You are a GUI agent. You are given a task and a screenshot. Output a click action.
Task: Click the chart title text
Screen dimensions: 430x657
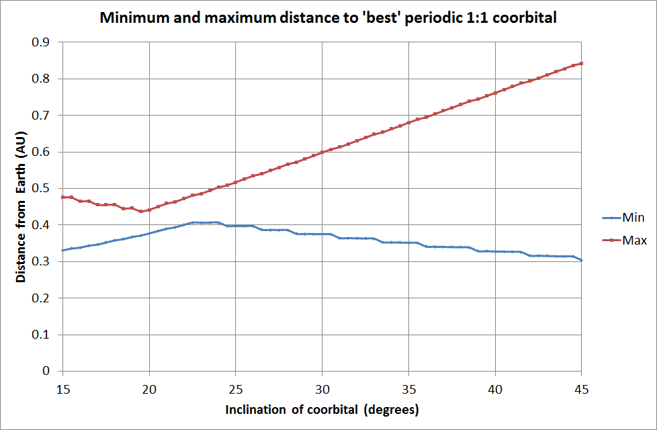328,18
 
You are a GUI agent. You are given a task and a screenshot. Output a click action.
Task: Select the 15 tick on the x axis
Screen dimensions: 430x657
62,388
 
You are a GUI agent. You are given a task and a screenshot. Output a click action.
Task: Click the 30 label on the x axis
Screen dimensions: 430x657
322,388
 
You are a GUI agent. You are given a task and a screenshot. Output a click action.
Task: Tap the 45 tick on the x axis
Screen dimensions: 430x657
581,388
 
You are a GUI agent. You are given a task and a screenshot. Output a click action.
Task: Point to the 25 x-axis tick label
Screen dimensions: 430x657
235,388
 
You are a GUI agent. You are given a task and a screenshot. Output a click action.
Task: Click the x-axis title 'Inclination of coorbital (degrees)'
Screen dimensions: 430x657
322,409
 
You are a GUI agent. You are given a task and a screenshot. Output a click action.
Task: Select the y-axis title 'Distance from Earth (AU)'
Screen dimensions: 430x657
22,206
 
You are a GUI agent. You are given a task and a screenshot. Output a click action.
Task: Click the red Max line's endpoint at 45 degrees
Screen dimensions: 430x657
581,63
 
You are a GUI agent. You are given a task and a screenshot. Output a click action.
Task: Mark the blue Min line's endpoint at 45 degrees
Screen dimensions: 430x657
581,260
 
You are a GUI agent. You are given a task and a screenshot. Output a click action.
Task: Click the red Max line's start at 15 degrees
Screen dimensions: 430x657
62,197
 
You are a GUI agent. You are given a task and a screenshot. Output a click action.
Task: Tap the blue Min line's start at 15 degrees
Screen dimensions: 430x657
62,251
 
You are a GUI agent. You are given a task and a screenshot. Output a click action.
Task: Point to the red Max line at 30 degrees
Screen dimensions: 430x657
322,152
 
